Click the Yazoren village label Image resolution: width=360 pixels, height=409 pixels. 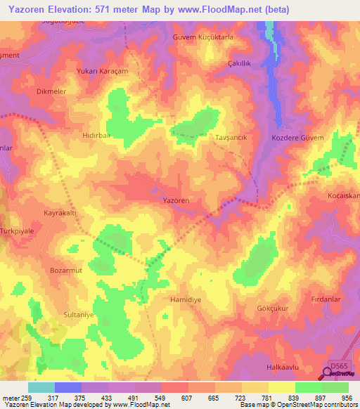pos(176,201)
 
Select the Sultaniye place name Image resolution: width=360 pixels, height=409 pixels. pos(79,316)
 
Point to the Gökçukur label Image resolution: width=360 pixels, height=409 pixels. pos(274,308)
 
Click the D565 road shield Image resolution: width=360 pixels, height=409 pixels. pos(340,366)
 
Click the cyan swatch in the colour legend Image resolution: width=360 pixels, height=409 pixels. pos(41,387)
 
